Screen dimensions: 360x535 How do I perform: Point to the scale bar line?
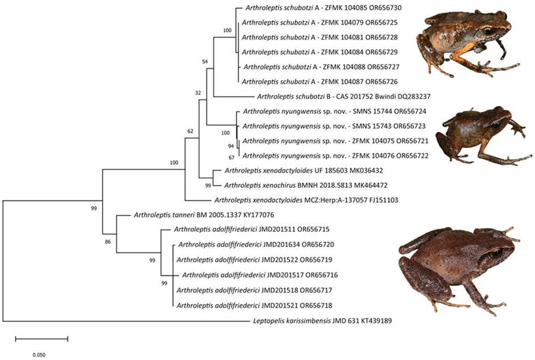pyautogui.click(x=41, y=339)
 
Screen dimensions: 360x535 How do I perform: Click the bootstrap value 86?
pyautogui.click(x=108, y=241)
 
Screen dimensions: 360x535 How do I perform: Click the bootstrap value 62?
pyautogui.click(x=190, y=131)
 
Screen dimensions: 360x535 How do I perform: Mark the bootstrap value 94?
pyautogui.click(x=230, y=146)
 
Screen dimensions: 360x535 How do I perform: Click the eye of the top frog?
pyautogui.click(x=487, y=31)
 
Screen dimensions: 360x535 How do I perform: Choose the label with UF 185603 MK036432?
pyautogui.click(x=306, y=170)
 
